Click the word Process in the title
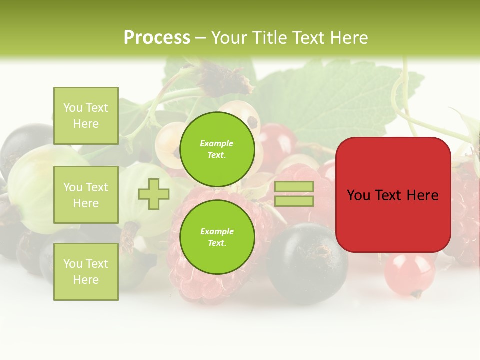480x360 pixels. [157, 38]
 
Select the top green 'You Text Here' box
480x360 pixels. [86, 116]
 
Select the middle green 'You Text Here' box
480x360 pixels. [86, 195]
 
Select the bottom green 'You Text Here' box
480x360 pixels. [86, 271]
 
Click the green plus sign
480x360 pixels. [153, 194]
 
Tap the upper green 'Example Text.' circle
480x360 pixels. [217, 149]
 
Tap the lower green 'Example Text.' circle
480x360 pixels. [217, 237]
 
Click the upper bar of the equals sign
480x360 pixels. [294, 187]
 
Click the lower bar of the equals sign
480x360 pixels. [294, 201]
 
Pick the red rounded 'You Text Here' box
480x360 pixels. [393, 220]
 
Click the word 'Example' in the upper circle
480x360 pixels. [217, 143]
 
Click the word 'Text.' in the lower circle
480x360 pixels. [217, 243]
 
